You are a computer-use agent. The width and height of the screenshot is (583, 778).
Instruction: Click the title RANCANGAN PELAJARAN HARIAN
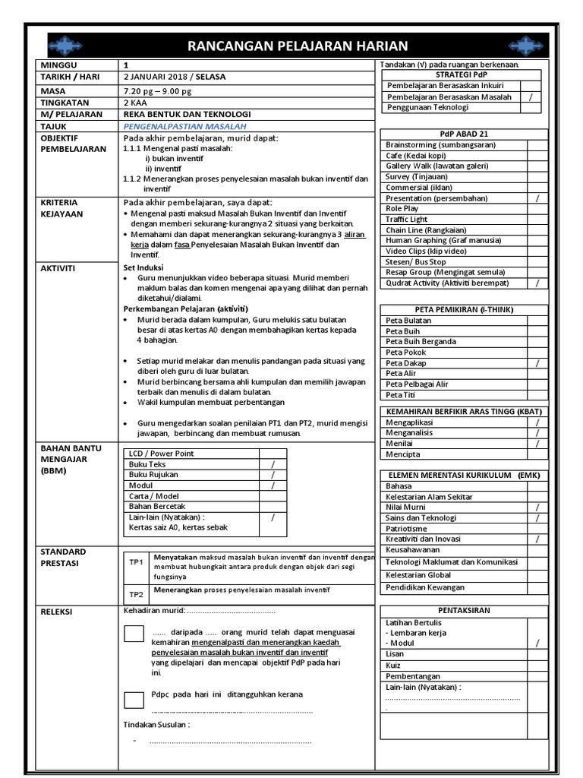tap(298, 46)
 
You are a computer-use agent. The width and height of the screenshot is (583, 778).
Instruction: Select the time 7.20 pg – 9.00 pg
tap(160, 90)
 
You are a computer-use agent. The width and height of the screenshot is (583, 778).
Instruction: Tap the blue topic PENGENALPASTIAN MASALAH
tap(184, 126)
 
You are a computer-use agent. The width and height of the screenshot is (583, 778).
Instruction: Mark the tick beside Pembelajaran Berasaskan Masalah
tap(530, 97)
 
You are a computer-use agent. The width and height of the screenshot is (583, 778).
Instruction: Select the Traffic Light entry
tap(407, 219)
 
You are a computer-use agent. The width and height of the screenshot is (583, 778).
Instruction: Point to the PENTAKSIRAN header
tap(464, 610)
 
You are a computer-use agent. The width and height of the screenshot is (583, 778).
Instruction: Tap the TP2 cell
tap(137, 595)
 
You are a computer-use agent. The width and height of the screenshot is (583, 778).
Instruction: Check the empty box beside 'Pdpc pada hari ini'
tap(134, 699)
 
